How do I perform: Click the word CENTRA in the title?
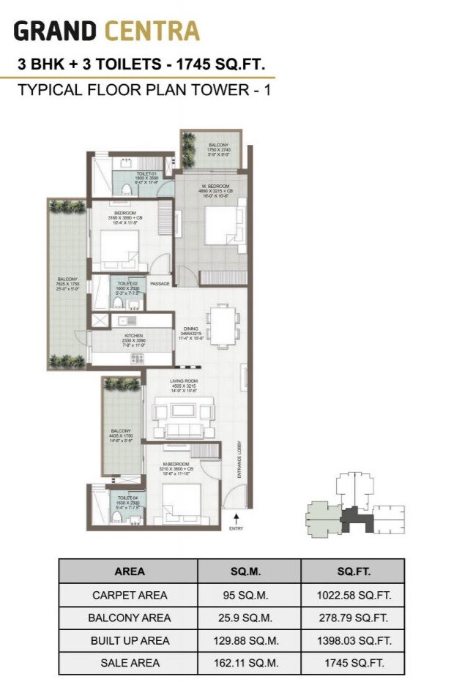tap(152, 31)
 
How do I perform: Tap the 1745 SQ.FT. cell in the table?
tap(351, 663)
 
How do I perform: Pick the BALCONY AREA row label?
tap(130, 618)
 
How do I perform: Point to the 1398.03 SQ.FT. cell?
tap(351, 640)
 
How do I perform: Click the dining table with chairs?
tap(221, 325)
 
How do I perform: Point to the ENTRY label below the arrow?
tap(235, 528)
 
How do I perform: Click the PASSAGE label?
tap(160, 283)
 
